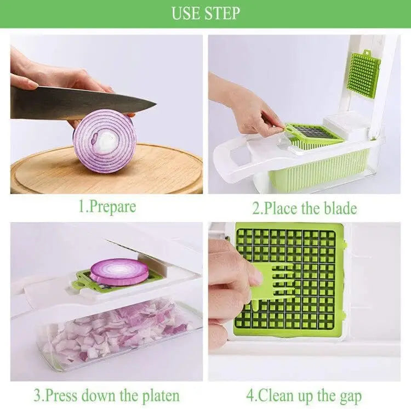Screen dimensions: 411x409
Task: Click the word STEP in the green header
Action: (x=222, y=13)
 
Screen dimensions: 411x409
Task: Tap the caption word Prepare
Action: (x=112, y=207)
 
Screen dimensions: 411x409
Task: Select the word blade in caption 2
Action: (x=340, y=208)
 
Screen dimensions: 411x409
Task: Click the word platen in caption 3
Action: (x=161, y=396)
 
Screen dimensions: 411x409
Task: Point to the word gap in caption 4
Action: (x=351, y=397)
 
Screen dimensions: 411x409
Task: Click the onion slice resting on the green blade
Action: (x=119, y=272)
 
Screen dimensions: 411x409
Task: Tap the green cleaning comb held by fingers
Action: (x=272, y=285)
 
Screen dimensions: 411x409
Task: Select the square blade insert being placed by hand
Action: (x=312, y=133)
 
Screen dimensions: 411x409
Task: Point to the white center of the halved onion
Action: (x=106, y=141)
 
